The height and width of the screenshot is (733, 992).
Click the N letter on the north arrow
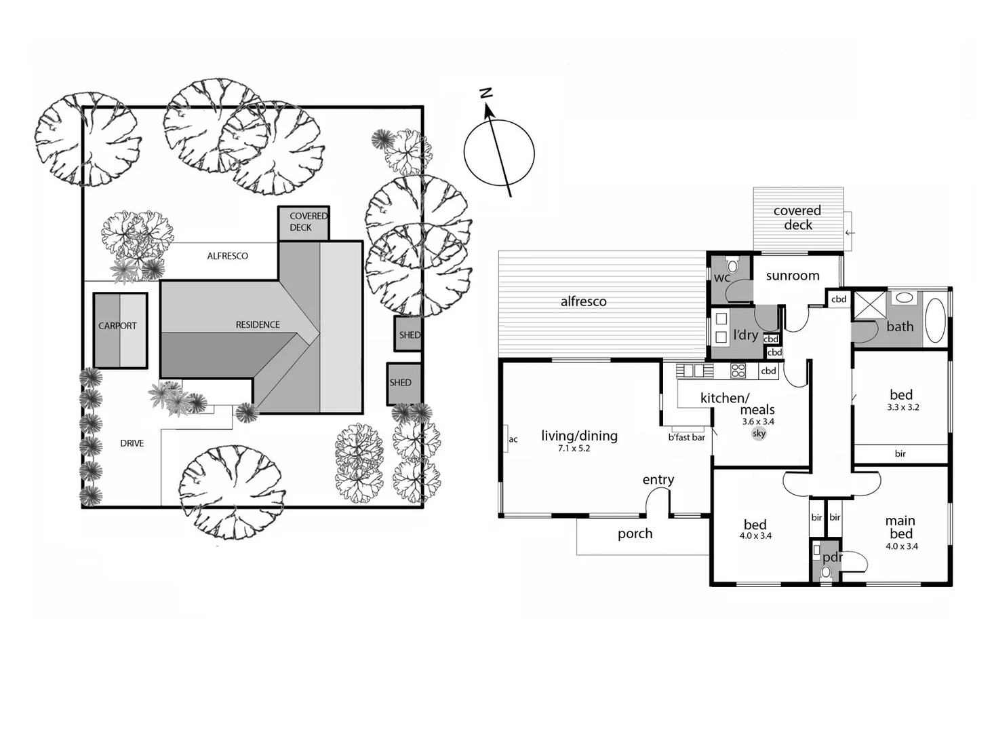485,94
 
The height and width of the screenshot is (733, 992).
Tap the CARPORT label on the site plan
117,326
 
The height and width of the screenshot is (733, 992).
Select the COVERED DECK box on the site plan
304,223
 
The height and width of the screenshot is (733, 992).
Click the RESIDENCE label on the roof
258,324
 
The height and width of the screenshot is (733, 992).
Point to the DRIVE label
132,443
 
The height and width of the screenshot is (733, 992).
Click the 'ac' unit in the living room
513,439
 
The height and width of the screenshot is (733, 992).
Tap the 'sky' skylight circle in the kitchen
759,434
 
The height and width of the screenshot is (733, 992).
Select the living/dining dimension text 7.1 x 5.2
574,449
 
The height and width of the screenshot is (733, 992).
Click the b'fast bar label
686,438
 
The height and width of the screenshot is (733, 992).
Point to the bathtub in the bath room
935,320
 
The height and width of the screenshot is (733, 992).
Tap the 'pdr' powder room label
831,557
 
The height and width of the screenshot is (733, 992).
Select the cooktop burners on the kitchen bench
738,371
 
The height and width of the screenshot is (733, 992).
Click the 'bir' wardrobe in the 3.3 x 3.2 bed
900,453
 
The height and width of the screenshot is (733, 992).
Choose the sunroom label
792,276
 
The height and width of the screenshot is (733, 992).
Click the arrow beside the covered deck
850,233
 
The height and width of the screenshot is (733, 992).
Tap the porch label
635,534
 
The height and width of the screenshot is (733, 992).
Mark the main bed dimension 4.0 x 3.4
901,546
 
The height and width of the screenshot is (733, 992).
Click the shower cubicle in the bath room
869,304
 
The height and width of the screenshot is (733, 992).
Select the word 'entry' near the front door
658,480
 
